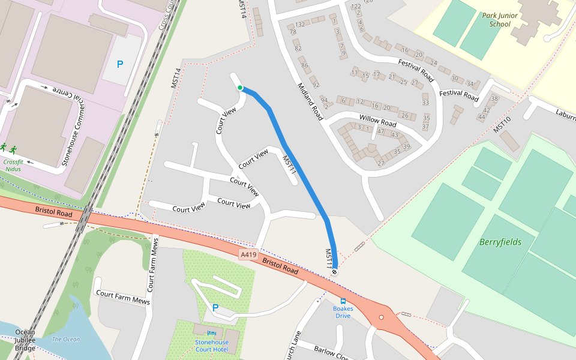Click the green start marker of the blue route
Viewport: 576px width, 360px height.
coord(240,88)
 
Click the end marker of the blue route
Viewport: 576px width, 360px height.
coord(334,272)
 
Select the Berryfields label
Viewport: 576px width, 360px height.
coord(500,242)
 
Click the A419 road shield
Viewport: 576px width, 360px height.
coord(248,254)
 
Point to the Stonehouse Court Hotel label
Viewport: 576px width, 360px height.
coord(211,346)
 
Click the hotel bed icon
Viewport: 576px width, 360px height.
coord(211,333)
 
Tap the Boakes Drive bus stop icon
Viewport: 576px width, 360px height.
coord(343,301)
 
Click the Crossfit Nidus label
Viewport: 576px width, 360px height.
coord(12,165)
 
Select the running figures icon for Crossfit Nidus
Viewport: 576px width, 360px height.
coord(8,148)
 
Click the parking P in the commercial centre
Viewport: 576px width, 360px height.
coord(120,64)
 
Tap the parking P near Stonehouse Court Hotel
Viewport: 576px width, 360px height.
coord(215,308)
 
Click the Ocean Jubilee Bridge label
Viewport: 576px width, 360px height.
coord(25,340)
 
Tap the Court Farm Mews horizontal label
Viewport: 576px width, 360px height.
coord(122,296)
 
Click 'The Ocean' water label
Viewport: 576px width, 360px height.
coord(65,340)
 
